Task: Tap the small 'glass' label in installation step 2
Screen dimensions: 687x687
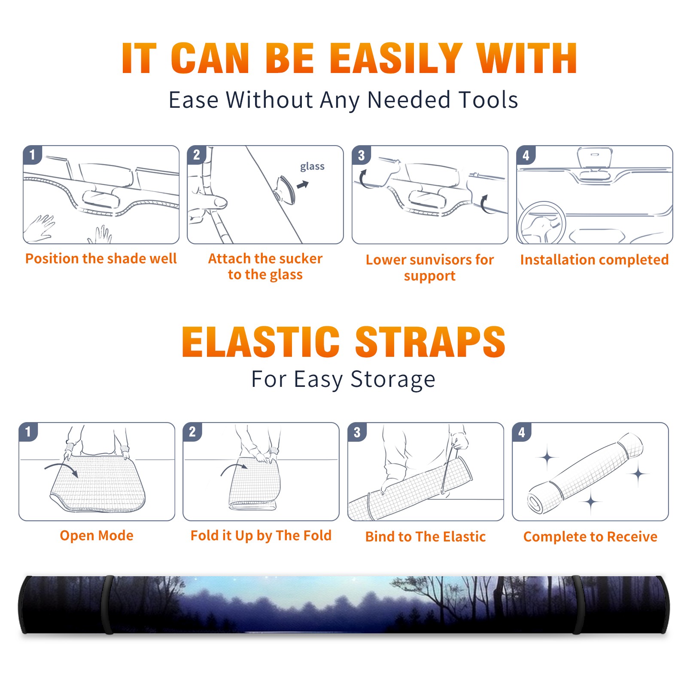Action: pos(312,167)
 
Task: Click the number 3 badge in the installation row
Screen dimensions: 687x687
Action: pos(361,155)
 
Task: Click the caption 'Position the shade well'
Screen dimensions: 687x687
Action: pos(101,258)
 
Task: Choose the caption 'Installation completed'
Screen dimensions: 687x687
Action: pos(594,260)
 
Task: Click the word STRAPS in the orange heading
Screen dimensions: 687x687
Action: pos(430,342)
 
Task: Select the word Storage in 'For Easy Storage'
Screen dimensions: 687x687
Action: pos(393,380)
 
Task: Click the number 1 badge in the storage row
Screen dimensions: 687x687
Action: pos(28,432)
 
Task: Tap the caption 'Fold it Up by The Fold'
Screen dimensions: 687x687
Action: pos(261,535)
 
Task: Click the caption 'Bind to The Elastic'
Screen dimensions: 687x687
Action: pos(426,537)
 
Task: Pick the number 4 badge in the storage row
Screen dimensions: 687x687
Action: pos(522,432)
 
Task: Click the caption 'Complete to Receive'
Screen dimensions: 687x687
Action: pos(590,537)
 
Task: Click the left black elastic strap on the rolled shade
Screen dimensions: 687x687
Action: pos(108,605)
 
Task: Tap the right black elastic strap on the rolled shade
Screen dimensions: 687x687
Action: pos(577,605)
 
